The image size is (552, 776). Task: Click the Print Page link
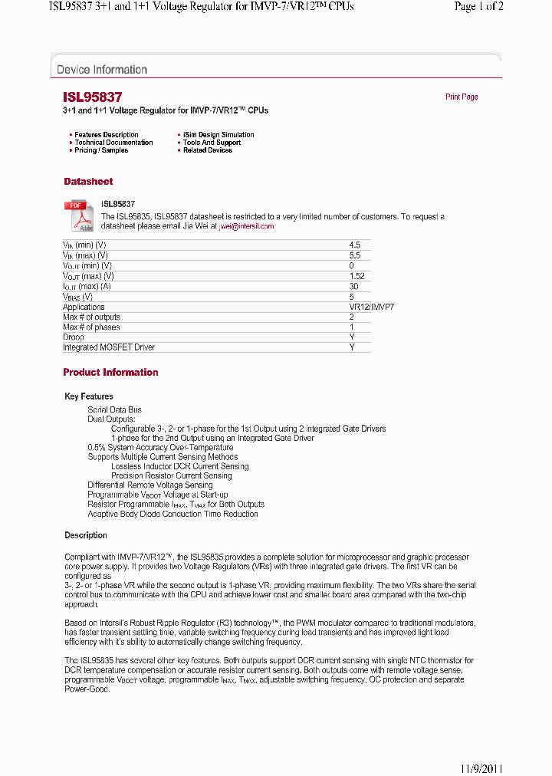462,97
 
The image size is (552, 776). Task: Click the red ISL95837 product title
92,97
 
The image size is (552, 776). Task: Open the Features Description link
107,135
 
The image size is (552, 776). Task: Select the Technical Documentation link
113,143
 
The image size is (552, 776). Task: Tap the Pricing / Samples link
101,150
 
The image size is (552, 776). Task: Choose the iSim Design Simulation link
219,135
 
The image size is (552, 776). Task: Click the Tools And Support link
212,143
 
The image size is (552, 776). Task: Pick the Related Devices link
208,150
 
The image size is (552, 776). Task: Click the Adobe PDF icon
78,215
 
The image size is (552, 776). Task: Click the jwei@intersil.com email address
246,226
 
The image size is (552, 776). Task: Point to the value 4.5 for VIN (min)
354,245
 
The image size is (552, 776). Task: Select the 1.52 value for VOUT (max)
356,276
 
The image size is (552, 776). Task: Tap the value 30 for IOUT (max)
353,286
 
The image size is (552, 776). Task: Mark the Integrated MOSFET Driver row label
109,347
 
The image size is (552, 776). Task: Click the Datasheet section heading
88,182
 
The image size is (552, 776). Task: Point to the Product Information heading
110,373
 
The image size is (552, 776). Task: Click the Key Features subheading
89,396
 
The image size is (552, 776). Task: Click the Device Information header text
102,70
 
